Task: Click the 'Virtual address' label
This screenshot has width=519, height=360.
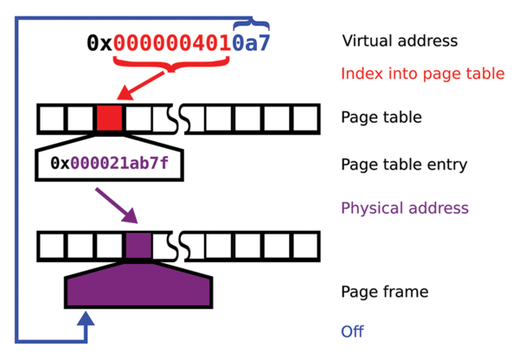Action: [400, 41]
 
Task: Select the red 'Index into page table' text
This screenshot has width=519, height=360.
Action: [422, 74]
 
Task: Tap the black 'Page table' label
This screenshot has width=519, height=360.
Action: [381, 117]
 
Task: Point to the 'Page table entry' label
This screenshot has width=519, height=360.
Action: [404, 164]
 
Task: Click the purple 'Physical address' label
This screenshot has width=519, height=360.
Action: [405, 208]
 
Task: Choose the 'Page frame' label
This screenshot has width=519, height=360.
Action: [385, 292]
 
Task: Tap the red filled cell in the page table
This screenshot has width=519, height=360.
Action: [109, 119]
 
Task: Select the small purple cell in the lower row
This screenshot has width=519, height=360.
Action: [138, 246]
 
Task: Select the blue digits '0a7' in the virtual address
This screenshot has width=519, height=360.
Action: [251, 42]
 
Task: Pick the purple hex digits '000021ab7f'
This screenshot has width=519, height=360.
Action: [126, 162]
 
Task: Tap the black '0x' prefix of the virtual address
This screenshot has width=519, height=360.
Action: [99, 42]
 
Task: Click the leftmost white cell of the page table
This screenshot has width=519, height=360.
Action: [52, 119]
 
